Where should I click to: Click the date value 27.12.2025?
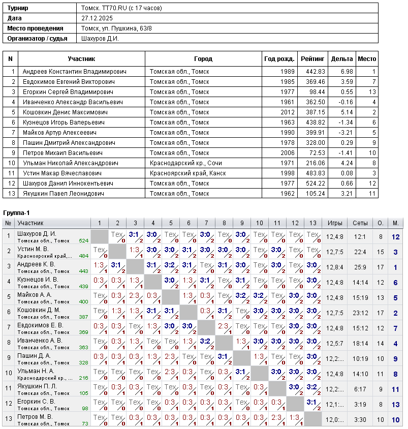point(96,18)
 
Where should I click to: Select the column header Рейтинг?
point(312,59)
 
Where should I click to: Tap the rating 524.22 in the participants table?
point(315,183)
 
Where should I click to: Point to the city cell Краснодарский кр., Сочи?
point(185,163)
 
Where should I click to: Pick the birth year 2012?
point(287,112)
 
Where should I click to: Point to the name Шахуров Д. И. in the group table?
point(37,234)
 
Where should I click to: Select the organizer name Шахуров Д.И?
point(100,38)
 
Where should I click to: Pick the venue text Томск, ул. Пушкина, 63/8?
point(116,28)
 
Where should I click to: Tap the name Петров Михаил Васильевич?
point(62,153)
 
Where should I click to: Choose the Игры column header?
point(334,223)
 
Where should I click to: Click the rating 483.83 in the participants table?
point(315,173)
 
